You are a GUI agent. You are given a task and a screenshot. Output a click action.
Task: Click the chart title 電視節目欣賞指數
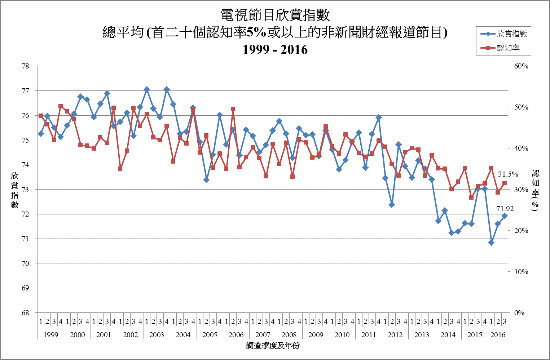pos(275,15)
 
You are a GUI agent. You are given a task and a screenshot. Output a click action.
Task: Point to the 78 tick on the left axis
pos(25,66)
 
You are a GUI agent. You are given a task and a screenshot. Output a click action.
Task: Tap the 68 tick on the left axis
pos(25,313)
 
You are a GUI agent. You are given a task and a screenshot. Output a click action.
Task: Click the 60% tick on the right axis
pos(521,66)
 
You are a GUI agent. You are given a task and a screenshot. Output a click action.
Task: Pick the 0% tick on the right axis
pos(519,313)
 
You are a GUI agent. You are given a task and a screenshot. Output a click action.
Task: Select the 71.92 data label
pos(505,209)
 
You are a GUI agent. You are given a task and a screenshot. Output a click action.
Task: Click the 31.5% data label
pos(508,174)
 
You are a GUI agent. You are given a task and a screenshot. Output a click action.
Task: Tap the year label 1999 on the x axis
pos(51,335)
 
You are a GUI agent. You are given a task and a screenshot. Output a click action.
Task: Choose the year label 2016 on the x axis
pos(498,335)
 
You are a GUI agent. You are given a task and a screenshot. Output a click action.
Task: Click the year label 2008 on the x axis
pos(289,335)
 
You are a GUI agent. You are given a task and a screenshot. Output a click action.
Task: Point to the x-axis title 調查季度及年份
pos(273,346)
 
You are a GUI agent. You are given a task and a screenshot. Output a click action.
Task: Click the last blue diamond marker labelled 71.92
pos(505,216)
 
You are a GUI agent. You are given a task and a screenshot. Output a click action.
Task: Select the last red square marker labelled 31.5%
pos(505,183)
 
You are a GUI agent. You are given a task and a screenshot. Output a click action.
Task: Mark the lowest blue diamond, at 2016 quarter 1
pos(491,243)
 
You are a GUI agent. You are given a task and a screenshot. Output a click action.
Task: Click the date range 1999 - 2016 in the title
pos(275,49)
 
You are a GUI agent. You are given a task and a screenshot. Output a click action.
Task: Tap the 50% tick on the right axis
pos(521,107)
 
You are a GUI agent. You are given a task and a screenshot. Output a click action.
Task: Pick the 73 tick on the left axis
pos(25,190)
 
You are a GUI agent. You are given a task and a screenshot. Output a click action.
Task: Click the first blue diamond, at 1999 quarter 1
pos(41,134)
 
